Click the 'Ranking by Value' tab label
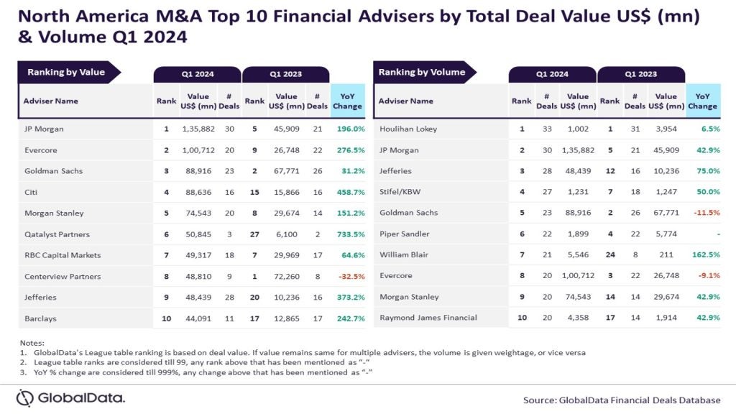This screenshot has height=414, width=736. coord(66,72)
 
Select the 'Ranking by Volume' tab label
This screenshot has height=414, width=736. coord(422,72)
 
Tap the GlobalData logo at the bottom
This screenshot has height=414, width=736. coord(70,397)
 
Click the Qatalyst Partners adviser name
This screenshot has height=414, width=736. coord(56,234)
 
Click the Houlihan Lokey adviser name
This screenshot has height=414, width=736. coord(408,129)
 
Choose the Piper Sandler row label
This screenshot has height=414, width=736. coord(404,234)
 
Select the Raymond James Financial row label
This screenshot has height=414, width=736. coord(428,318)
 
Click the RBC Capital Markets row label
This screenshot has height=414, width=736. coord(62,255)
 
